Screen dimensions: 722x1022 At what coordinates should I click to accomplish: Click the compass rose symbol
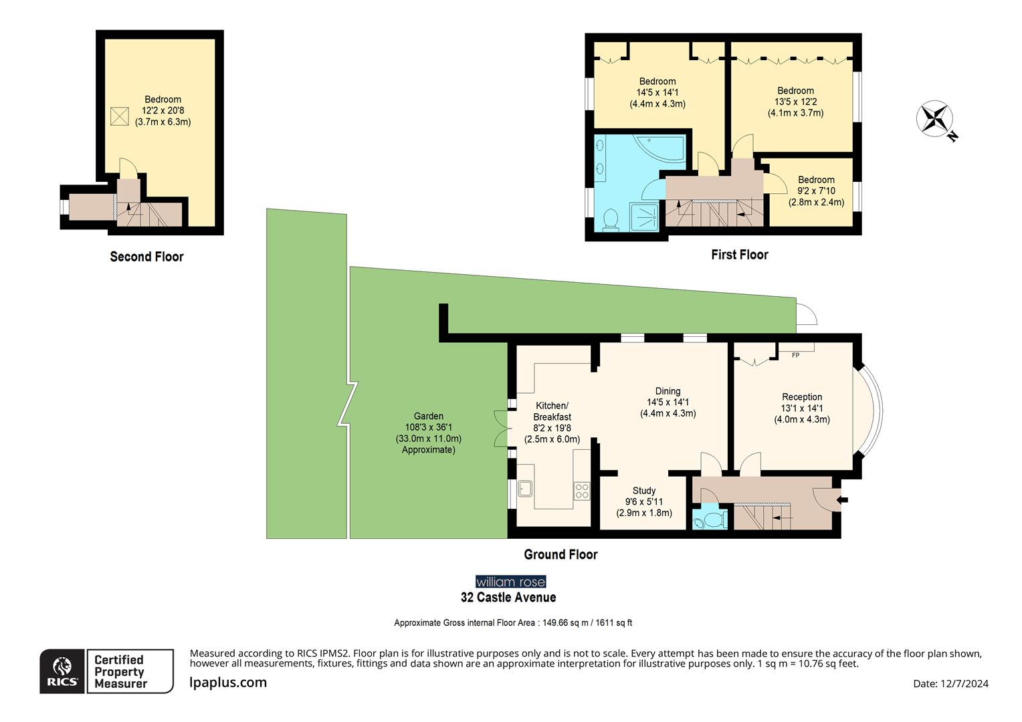[934, 119]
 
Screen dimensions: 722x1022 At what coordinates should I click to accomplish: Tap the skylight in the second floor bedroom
[119, 116]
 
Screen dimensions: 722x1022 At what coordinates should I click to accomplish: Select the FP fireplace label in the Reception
[795, 355]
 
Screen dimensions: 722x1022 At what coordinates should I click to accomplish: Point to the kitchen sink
[525, 489]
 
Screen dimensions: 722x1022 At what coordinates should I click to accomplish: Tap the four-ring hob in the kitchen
[581, 491]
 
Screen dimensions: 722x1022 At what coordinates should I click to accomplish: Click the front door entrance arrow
[843, 499]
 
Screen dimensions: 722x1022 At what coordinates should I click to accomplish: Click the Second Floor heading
[146, 257]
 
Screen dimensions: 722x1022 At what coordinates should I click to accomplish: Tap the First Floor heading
[739, 255]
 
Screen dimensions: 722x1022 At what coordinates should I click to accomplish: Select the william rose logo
[510, 582]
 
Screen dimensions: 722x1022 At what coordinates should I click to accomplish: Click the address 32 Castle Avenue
[508, 598]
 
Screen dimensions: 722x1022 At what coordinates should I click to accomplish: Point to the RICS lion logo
[62, 671]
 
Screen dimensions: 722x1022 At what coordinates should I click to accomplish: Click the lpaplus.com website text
[228, 683]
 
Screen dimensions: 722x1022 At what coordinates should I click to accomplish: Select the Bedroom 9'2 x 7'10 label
[816, 191]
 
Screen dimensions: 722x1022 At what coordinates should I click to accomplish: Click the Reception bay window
[870, 409]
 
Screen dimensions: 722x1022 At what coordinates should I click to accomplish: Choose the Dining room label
[668, 402]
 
